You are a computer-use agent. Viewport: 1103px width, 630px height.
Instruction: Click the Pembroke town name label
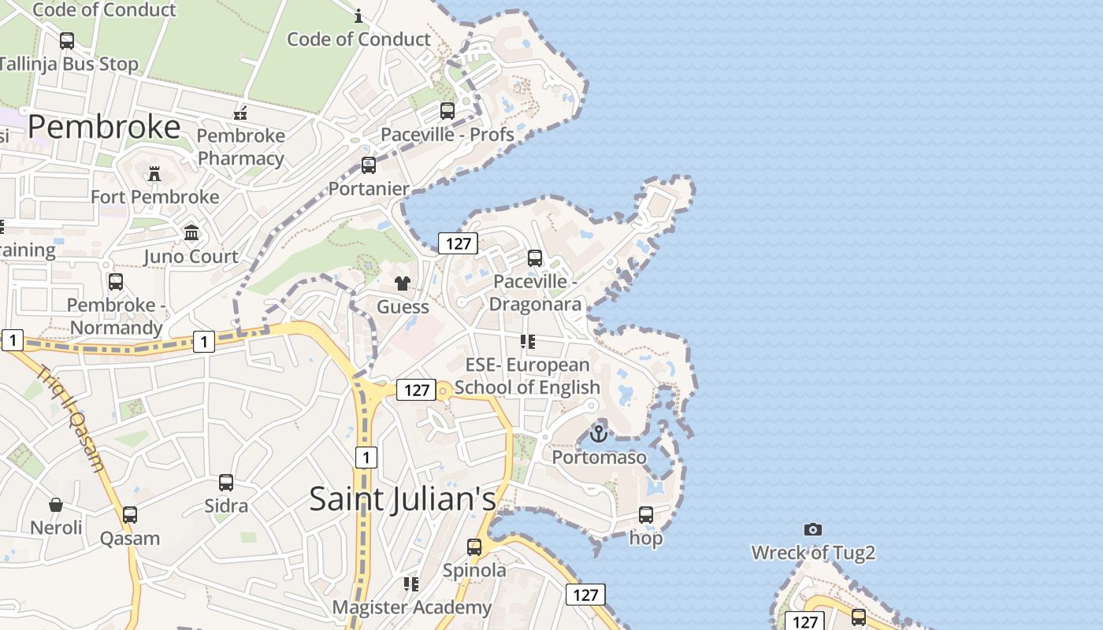click(x=104, y=126)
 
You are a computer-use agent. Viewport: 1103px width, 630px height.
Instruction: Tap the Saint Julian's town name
click(x=403, y=498)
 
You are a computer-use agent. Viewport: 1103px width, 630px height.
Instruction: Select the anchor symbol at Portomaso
click(x=599, y=433)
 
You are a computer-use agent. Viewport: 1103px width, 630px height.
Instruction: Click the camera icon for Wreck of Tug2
click(x=813, y=529)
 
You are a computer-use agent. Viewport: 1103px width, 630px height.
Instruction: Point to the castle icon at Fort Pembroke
click(x=154, y=173)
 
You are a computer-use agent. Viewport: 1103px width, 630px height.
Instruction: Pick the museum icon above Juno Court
click(x=191, y=232)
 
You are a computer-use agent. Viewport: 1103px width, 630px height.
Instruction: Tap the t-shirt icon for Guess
click(x=403, y=283)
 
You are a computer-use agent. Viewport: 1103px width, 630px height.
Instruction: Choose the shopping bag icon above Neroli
click(x=56, y=504)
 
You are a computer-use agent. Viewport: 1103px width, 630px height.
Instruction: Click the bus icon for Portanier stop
click(x=369, y=165)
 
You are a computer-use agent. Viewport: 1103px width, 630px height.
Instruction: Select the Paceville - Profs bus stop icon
click(x=448, y=111)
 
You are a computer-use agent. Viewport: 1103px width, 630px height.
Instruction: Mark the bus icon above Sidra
click(x=226, y=482)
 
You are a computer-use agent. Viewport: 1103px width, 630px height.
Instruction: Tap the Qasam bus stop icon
click(x=130, y=515)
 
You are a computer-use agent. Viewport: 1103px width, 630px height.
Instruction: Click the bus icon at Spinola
click(x=474, y=547)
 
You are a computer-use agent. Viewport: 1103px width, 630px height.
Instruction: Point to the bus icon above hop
click(x=646, y=515)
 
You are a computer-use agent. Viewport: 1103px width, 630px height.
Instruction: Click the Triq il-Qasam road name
click(x=72, y=418)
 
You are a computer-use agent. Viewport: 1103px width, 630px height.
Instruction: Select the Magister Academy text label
click(x=411, y=607)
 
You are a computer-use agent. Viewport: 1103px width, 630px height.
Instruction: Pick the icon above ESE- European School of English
click(x=527, y=342)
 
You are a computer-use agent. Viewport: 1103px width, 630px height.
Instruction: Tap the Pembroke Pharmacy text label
click(x=240, y=146)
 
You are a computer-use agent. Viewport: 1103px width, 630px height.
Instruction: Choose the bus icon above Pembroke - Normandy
click(x=116, y=281)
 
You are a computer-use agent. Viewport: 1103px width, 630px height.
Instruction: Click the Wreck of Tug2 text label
click(x=813, y=553)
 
